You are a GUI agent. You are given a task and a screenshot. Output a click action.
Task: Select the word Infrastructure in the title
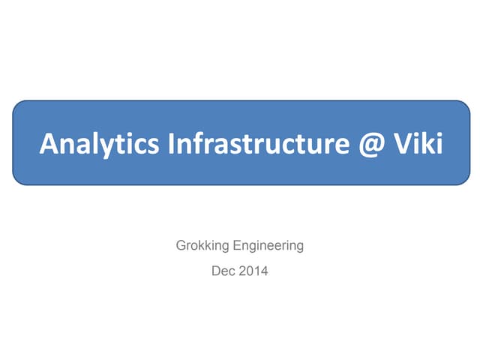(239, 142)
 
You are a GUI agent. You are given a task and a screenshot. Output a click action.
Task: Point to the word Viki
(415, 142)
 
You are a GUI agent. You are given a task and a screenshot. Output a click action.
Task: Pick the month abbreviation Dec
(223, 270)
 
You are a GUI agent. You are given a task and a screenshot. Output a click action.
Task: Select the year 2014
(253, 270)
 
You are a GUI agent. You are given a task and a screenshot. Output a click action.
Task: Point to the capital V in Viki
(397, 142)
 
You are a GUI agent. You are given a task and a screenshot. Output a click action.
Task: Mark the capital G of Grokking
(181, 245)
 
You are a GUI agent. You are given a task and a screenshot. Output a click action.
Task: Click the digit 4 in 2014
(263, 270)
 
